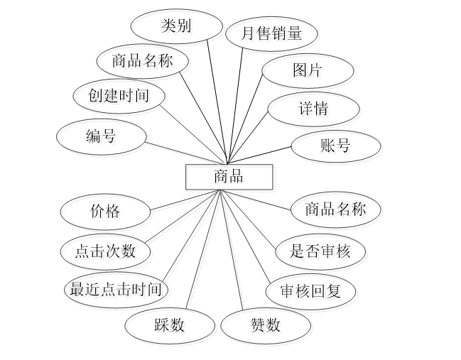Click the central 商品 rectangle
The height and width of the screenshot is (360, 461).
[229, 178]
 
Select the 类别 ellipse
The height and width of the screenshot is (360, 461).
[177, 28]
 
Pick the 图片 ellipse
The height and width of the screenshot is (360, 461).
[308, 72]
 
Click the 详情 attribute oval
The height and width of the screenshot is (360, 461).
[315, 111]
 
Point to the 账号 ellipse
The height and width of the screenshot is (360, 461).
[337, 148]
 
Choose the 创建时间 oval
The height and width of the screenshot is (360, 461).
[120, 97]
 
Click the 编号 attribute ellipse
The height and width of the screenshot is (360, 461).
[102, 138]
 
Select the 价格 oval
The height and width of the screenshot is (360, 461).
[107, 212]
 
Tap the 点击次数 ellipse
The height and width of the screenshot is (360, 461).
[107, 252]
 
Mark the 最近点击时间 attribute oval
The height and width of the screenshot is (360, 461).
[117, 291]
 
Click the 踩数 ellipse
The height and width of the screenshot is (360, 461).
[171, 327]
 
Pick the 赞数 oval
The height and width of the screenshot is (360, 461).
[267, 327]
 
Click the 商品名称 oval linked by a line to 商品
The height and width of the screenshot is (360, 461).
[337, 211]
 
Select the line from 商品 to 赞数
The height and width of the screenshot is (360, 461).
[233, 252]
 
